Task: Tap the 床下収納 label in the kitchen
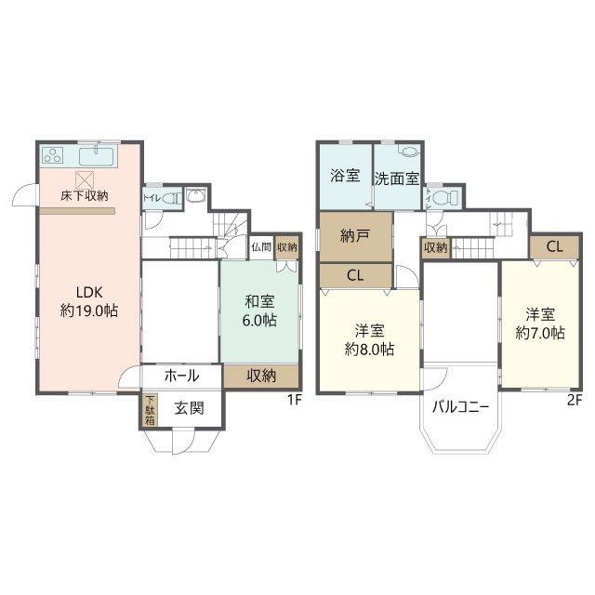(85, 196)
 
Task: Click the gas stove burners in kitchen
(53, 155)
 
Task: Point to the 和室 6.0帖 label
(260, 311)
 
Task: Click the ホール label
(181, 376)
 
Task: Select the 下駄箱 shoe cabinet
(150, 410)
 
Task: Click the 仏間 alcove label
(261, 247)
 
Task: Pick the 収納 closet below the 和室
(261, 376)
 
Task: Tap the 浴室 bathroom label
(345, 177)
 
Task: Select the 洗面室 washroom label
(396, 178)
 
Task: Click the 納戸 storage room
(355, 236)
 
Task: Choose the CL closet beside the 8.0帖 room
(355, 275)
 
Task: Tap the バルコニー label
(459, 406)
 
